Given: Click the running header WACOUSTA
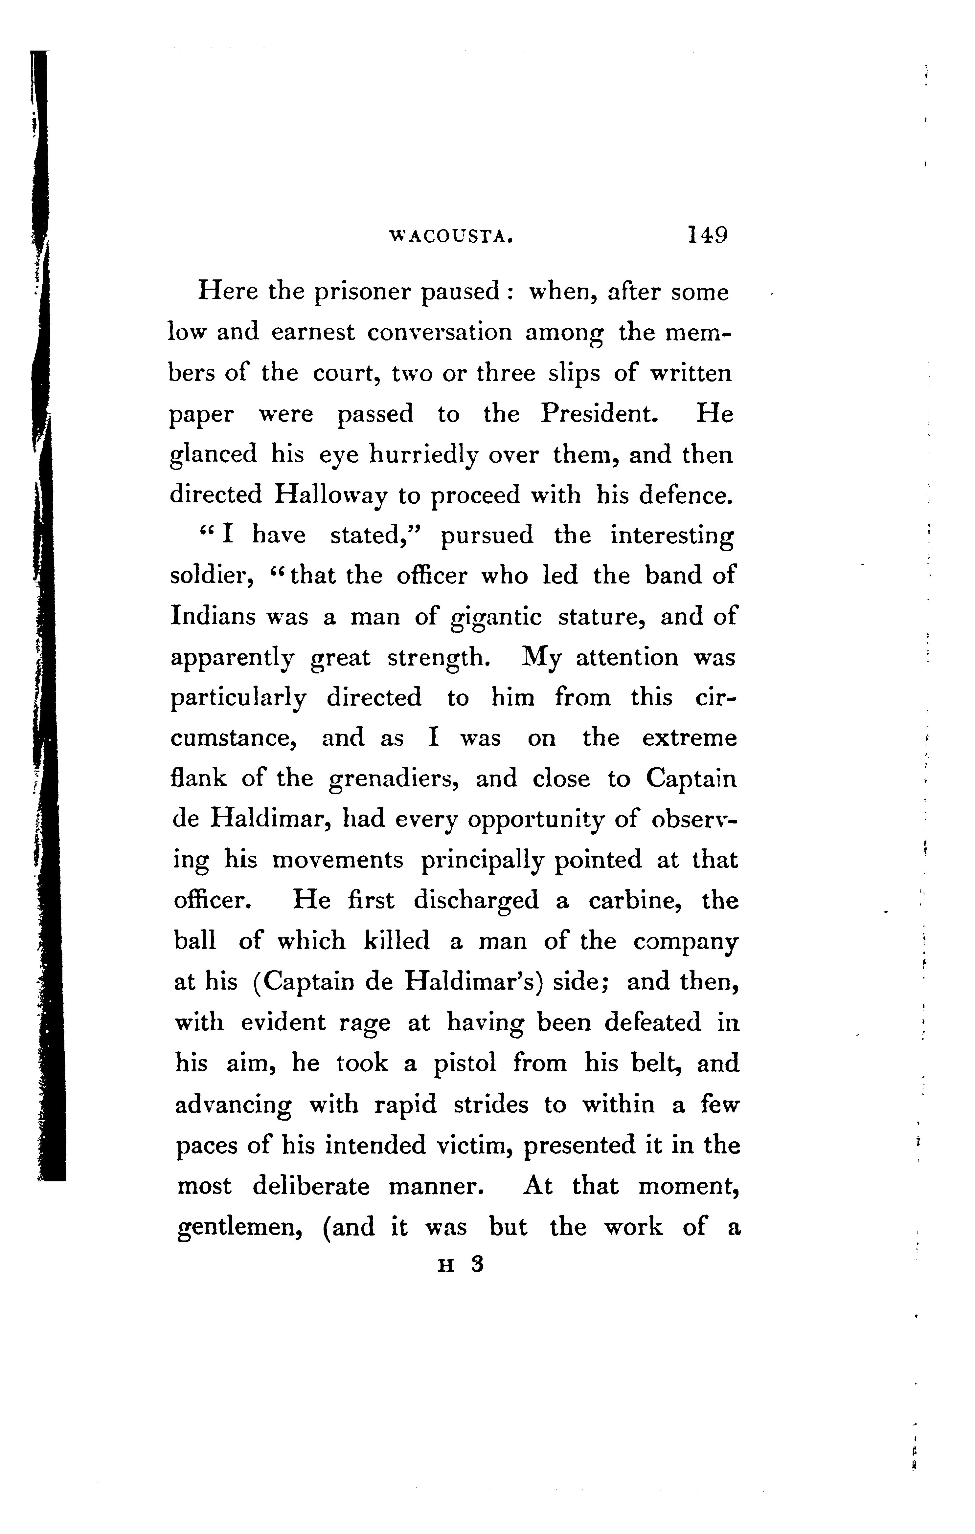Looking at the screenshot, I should click(451, 237).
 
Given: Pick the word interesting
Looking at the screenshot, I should click(672, 536).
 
